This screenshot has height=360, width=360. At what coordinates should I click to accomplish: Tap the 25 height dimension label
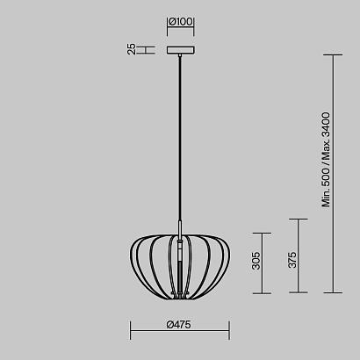[x=132, y=49]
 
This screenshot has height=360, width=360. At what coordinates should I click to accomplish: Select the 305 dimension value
[x=256, y=261]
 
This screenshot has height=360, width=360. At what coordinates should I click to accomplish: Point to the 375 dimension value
[x=292, y=260]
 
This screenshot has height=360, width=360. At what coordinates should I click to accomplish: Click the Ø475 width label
[x=178, y=324]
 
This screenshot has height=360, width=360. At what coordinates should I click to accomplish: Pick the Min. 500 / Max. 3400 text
[x=326, y=160]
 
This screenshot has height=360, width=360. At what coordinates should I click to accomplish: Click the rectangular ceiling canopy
[x=181, y=50]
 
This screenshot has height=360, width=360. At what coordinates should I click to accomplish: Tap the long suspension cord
[x=180, y=138]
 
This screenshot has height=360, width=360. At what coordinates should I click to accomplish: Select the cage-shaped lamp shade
[x=180, y=267]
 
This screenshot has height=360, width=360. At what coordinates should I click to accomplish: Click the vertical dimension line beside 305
[x=262, y=263]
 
